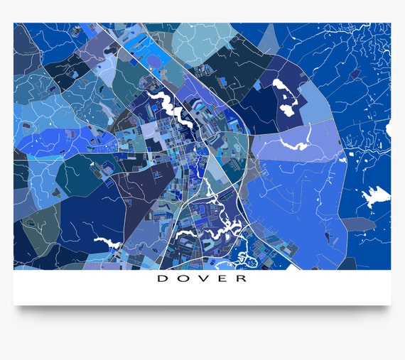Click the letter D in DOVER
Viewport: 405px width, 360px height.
click(x=161, y=278)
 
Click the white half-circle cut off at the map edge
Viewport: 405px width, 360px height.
click(x=388, y=129)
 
